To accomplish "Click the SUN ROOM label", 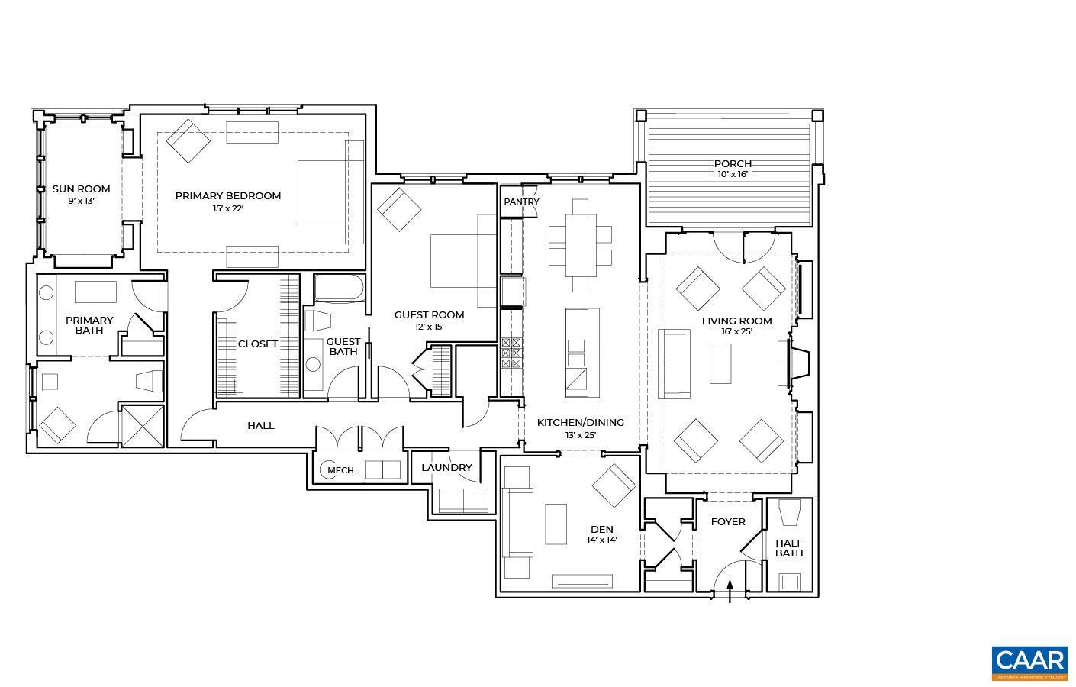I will coord(81,189).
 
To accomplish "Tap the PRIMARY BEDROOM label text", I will coord(227,195).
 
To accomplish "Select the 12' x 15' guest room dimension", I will coord(429,327).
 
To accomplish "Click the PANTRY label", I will coord(521,202).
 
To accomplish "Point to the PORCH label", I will coord(733,163).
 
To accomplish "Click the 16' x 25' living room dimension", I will coord(736,332).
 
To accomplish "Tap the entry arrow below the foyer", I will coord(730,589).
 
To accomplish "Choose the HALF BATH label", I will coord(789,548).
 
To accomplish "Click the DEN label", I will coord(601,529).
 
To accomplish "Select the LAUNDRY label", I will coord(446,467).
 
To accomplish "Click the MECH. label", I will coord(341,470).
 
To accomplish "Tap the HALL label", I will coord(260,425).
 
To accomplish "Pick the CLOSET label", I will coord(257,343).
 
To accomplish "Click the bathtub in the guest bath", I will coord(340,289).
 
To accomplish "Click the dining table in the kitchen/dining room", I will coord(580,245).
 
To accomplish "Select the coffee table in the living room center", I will coord(720,363).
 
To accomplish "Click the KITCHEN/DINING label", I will coord(580,422).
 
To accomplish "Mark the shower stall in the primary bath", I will coord(143,424).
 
